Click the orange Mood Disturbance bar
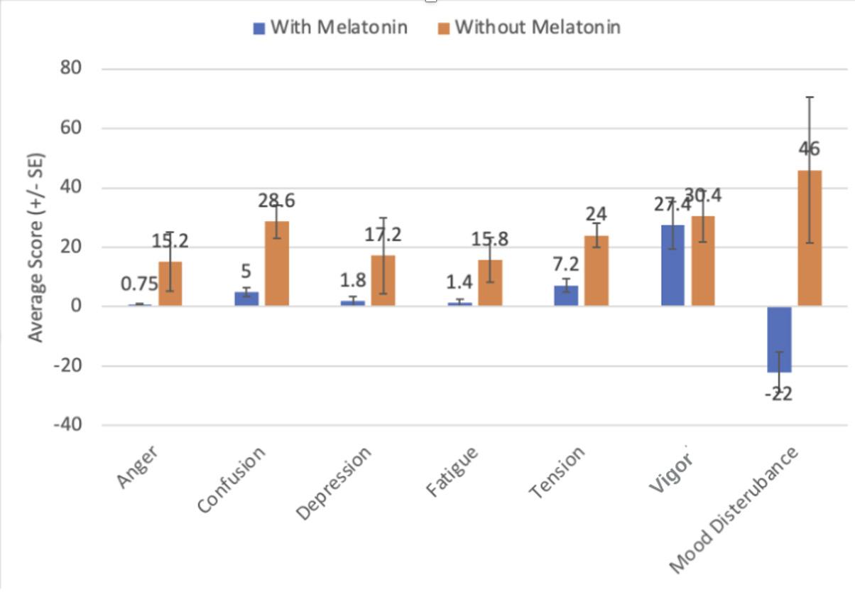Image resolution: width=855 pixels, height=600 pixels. click(x=810, y=238)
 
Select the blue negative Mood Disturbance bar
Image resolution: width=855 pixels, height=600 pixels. click(x=780, y=339)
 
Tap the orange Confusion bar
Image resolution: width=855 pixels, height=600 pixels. click(x=277, y=263)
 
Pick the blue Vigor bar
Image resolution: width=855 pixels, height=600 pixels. click(x=673, y=266)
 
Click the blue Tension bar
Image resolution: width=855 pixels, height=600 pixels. click(x=566, y=296)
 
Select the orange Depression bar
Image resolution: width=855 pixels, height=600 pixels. click(x=383, y=281)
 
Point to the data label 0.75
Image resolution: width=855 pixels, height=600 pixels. click(x=139, y=284)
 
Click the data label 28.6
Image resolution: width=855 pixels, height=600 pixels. click(x=277, y=200)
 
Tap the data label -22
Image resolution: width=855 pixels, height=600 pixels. click(x=779, y=394)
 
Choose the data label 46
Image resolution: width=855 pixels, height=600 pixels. click(x=810, y=149)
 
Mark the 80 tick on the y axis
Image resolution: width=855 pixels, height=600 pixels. click(x=70, y=68)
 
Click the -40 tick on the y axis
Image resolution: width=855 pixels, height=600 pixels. click(x=68, y=424)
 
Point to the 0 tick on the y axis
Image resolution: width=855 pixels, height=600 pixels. click(x=76, y=306)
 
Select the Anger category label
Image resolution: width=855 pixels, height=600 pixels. click(x=137, y=466)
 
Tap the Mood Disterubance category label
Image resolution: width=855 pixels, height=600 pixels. click(x=734, y=510)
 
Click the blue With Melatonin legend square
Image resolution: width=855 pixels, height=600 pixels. click(x=259, y=28)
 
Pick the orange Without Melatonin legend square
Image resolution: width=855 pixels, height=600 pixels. click(x=444, y=28)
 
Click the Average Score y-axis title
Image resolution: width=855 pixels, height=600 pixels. click(x=36, y=247)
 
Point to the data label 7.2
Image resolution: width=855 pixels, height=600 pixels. click(x=566, y=264)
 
